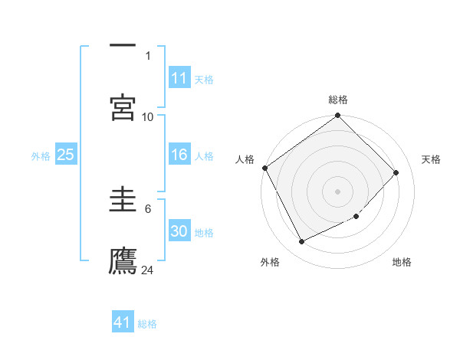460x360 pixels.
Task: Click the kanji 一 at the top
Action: click(x=123, y=44)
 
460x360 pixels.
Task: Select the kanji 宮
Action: click(x=123, y=106)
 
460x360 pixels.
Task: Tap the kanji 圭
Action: click(x=123, y=198)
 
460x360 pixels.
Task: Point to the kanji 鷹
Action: click(x=123, y=260)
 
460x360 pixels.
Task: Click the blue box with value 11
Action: click(x=179, y=78)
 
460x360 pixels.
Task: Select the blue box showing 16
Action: click(x=179, y=155)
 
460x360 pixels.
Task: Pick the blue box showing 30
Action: click(x=179, y=232)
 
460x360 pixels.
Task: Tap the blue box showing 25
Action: click(x=65, y=155)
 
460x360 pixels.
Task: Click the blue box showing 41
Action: click(x=123, y=323)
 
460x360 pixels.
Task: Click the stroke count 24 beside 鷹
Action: click(x=148, y=270)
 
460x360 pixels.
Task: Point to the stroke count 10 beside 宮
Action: click(x=148, y=116)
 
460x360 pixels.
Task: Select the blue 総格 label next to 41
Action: click(x=147, y=324)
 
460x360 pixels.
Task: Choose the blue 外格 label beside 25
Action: click(x=41, y=156)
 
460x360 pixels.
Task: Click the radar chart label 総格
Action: click(x=338, y=100)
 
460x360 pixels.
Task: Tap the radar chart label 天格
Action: click(x=431, y=159)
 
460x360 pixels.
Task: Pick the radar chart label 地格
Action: click(x=402, y=262)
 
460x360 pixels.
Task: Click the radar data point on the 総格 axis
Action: click(x=338, y=116)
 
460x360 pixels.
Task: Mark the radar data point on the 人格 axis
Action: click(x=265, y=168)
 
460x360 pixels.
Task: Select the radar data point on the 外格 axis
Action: click(x=301, y=242)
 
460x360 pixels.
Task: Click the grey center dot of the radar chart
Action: click(x=338, y=191)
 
